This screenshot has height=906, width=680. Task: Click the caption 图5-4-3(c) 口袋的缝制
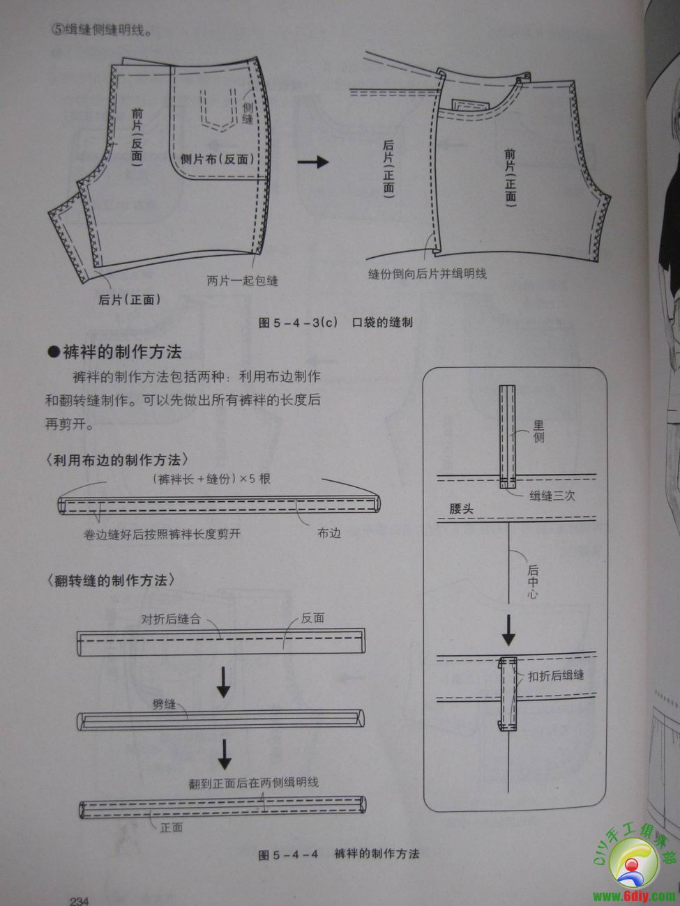coord(335,322)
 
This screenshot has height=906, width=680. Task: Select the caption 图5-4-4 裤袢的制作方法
coord(339,854)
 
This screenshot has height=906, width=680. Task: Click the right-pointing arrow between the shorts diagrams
coord(312,162)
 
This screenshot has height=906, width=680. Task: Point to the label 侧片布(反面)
coord(217,159)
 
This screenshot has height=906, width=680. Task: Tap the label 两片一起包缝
coord(242,280)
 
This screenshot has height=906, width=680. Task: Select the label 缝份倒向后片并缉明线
coord(427,273)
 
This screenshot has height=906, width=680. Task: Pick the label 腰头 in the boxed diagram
coord(461,508)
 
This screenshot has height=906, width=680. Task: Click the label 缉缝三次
coord(552,496)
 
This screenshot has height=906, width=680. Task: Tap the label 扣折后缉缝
coord(556,675)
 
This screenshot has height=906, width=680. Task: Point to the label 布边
coord(329,533)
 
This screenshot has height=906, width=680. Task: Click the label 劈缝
coord(164,705)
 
